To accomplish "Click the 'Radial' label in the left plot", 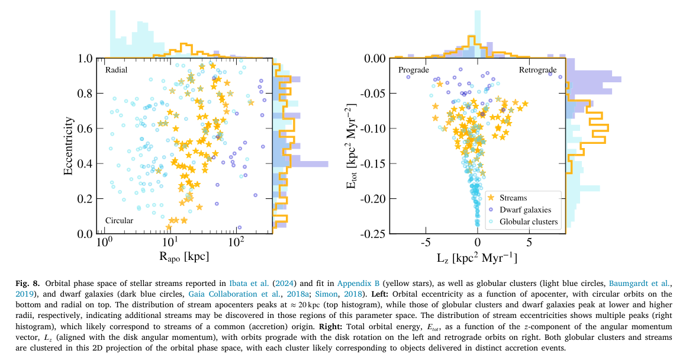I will coord(117,70).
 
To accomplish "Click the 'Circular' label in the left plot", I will coord(119,221).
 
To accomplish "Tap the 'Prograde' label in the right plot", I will coord(414,70).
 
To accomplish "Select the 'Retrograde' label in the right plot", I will coord(537,70).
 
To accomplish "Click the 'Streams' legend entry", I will coord(513,198).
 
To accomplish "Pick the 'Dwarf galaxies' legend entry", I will coord(525,210).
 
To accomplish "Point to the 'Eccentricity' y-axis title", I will coord(69,146).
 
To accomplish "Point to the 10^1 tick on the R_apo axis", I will coord(170,242).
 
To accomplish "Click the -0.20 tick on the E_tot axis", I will coord(376,199).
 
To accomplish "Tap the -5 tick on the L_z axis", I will coord(424,242).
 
